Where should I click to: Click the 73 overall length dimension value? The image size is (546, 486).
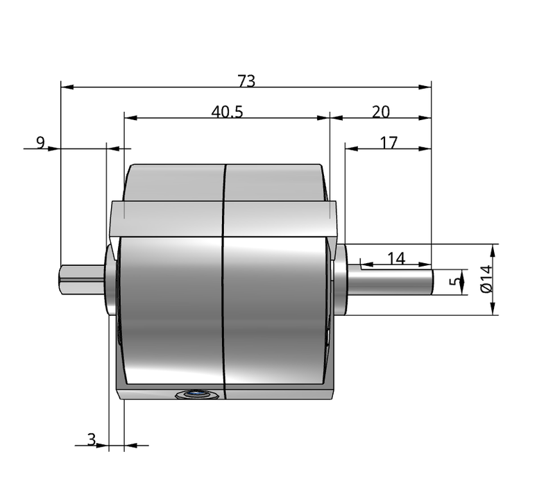coord(247,81)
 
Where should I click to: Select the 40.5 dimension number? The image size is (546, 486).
coord(227,112)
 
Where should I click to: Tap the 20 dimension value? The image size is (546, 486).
coord(381,112)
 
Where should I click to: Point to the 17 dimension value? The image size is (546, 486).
coord(389,142)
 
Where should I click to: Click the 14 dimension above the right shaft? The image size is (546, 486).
coord(396,258)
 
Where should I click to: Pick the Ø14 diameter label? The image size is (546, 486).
coord(486,279)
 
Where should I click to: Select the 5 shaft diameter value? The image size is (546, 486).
coord(454,280)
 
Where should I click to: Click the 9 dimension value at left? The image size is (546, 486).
coord(41,142)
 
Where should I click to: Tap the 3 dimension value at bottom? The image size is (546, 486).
coord(92,439)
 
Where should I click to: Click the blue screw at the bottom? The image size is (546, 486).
coord(197,394)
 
